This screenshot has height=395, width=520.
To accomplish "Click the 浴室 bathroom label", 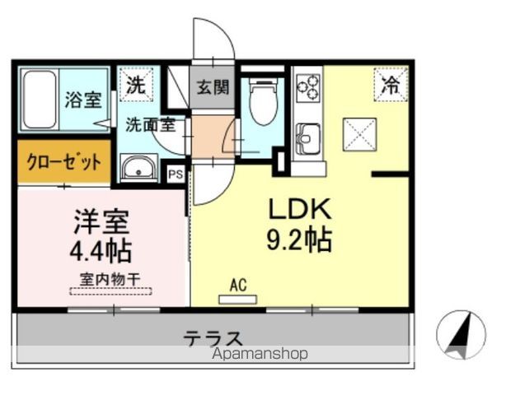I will click(83, 100).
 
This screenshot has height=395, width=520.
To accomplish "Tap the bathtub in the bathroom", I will click(40, 100).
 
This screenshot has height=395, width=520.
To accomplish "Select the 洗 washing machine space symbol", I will click(134, 83).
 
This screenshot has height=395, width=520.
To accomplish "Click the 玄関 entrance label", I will click(213, 86).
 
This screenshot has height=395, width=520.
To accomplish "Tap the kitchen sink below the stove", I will click(309, 137).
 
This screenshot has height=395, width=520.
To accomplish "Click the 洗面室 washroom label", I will click(149, 125).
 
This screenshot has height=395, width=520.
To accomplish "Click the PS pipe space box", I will click(175, 174).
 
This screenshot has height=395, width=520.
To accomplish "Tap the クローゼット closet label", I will click(63, 160).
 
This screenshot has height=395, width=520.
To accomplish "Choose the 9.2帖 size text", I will click(298, 239).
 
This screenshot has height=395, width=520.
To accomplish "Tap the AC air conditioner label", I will click(238, 286).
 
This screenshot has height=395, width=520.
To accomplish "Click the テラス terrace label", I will click(213, 337).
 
